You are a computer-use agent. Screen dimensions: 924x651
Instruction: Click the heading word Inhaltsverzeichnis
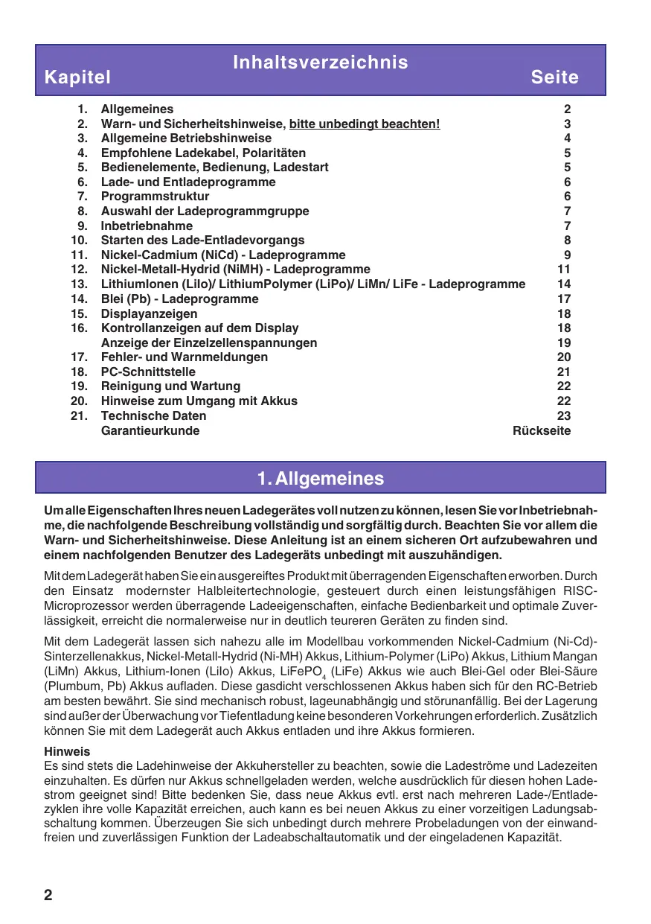tap(320, 62)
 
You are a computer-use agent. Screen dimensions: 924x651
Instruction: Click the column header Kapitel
tap(77, 77)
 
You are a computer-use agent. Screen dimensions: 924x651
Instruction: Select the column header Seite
tap(554, 77)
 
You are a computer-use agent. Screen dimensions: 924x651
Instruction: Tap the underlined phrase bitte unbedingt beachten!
tap(365, 124)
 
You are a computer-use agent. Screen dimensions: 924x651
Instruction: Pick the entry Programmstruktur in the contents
tap(155, 197)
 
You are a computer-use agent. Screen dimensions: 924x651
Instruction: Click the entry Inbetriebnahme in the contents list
tap(147, 226)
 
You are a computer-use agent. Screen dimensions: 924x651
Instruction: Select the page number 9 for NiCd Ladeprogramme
tap(567, 255)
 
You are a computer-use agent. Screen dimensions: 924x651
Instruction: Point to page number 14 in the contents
tap(563, 284)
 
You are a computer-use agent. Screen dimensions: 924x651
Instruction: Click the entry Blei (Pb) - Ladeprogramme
tap(179, 299)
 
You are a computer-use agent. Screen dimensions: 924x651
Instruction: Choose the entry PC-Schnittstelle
tap(148, 372)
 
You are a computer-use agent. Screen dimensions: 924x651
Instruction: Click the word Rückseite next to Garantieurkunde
tap(542, 430)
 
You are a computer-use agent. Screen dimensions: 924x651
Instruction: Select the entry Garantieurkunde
tap(150, 430)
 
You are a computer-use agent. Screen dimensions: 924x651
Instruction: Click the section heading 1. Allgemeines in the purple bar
tap(320, 478)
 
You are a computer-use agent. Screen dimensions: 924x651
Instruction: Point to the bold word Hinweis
tap(67, 752)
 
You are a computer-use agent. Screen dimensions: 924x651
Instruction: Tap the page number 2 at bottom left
tap(48, 894)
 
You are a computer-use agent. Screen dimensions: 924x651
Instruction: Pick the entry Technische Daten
tap(153, 415)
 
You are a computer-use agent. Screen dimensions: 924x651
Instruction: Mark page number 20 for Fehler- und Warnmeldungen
tap(563, 357)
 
